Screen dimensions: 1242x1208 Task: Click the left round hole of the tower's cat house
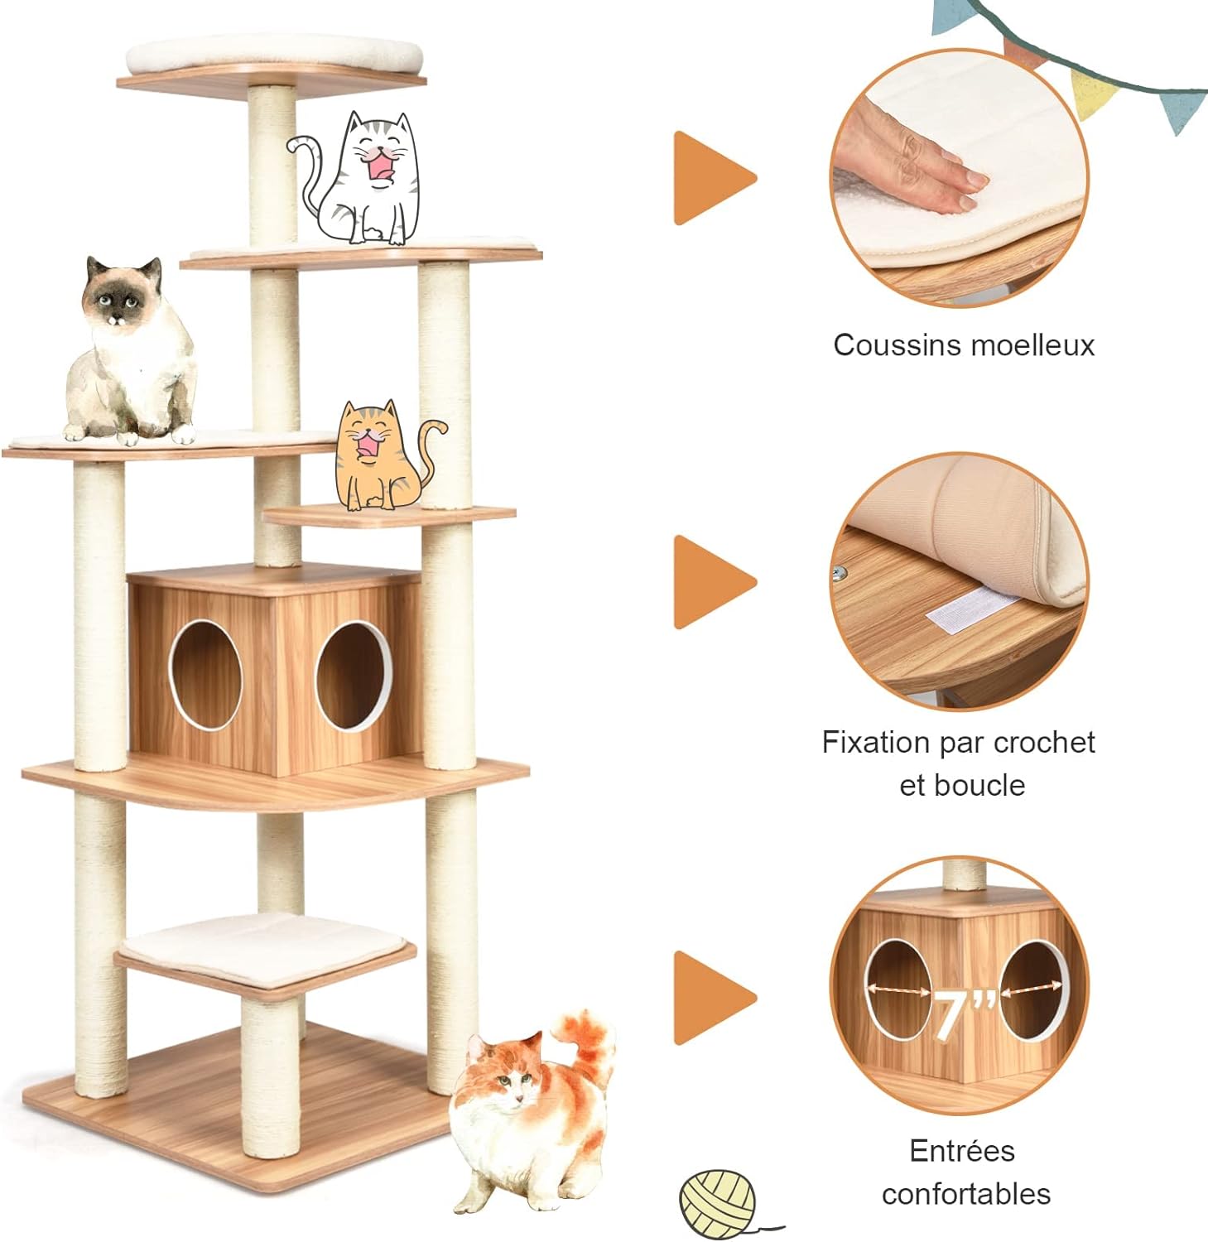click(205, 674)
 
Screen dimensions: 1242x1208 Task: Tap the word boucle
click(985, 785)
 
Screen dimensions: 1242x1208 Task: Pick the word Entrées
click(961, 1150)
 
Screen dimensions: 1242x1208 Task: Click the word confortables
click(965, 1193)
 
